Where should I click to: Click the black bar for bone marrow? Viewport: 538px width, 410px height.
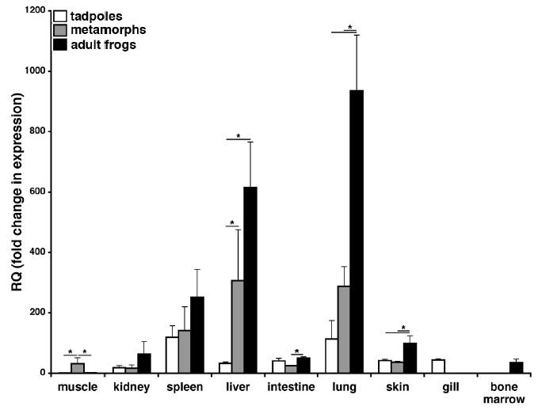(x=494, y=367)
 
